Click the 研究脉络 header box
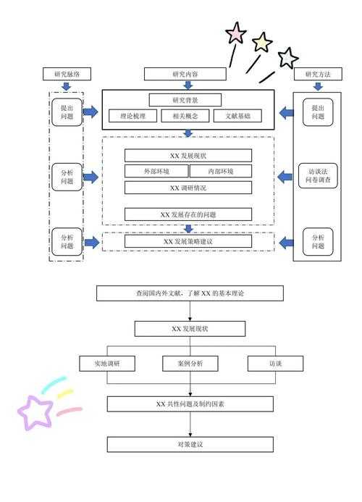pos(67,74)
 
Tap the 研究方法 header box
pos(318,74)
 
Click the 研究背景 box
pos(185,100)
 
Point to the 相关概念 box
pos(185,116)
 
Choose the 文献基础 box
pos(237,116)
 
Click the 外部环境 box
pos(156,172)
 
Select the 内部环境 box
pos(221,172)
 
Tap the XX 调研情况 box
pos(188,188)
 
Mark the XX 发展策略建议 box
pos(188,241)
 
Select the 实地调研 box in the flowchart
pos(106,364)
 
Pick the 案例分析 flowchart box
pos(189,364)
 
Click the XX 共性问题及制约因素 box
pos(190,403)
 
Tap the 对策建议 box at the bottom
pos(190,444)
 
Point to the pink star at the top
pos(235,33)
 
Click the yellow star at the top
pos(261,43)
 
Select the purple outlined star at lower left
pos(35,412)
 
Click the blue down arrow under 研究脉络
pos(67,86)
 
